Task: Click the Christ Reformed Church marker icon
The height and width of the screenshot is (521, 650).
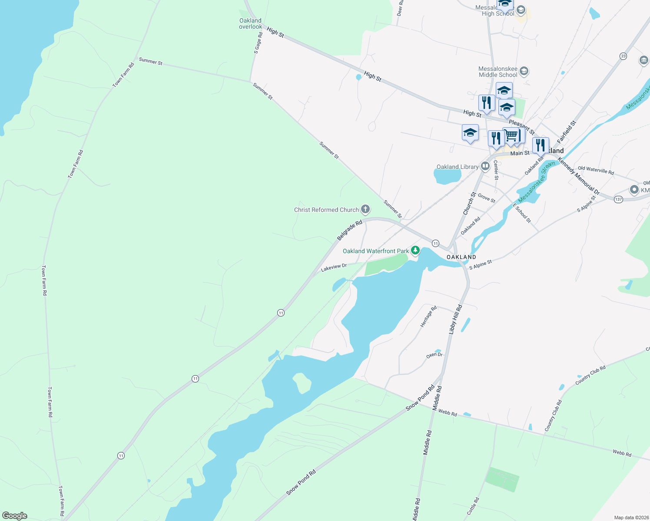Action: (x=365, y=210)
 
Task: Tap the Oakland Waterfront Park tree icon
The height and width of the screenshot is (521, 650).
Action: (x=415, y=250)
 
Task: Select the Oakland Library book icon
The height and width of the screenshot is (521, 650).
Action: (x=485, y=166)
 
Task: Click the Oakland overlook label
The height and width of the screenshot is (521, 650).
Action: (x=251, y=23)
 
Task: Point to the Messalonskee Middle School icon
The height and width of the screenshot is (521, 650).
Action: (x=524, y=71)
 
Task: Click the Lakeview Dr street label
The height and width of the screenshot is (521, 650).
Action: (x=334, y=267)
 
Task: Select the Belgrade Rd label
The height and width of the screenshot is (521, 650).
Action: (x=350, y=231)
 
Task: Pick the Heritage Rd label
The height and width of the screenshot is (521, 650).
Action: (x=428, y=317)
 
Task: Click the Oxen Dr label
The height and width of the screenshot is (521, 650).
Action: (x=434, y=355)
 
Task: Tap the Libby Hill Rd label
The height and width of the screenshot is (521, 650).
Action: (x=455, y=319)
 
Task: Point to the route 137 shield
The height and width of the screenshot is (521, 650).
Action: (x=618, y=199)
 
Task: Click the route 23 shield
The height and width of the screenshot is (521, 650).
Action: (x=623, y=56)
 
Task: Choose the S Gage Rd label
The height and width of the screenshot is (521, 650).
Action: (x=258, y=43)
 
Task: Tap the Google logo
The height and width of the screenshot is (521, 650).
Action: (x=15, y=515)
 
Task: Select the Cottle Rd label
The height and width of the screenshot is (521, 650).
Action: (x=473, y=506)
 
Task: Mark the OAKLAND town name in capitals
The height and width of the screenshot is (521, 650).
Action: (x=461, y=257)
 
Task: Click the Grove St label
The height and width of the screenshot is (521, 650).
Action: (x=487, y=198)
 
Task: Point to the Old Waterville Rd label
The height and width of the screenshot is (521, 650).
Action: (x=596, y=171)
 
